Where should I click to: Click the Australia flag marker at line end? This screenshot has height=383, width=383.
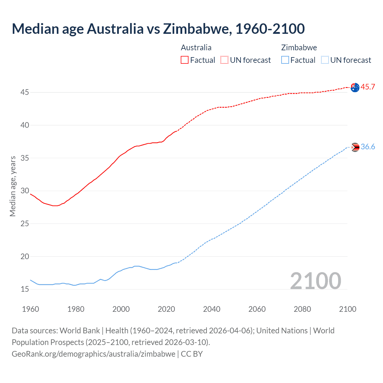tap(355, 88)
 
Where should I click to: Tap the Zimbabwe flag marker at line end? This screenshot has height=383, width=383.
tap(355, 147)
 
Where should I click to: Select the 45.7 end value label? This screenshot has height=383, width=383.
tap(368, 87)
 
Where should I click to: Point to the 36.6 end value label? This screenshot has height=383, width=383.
tap(368, 147)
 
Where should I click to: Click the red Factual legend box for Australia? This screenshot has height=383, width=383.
tap(185, 60)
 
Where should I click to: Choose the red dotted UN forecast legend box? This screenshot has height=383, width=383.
tap(224, 60)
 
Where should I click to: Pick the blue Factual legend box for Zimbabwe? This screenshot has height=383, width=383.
tap(285, 60)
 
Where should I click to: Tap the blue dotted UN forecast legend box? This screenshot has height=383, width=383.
tap(325, 60)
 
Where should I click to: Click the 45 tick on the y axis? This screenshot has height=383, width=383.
tap(25, 92)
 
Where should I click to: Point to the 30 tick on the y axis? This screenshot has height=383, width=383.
tap(25, 191)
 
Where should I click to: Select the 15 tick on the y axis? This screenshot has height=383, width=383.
tap(25, 289)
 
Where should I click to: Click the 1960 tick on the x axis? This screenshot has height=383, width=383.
tap(31, 309)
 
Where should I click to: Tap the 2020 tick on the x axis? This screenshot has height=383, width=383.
tap(166, 309)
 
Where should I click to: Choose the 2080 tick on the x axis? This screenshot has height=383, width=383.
tap(302, 309)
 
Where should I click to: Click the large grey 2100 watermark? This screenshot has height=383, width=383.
tap(315, 281)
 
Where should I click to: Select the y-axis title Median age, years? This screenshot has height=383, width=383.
tap(13, 186)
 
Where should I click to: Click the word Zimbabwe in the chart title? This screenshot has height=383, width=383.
tap(197, 29)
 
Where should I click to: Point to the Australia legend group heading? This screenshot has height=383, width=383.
tap(196, 48)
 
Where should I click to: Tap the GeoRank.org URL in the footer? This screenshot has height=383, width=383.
tap(93, 354)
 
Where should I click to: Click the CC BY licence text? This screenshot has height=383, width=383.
tap(192, 354)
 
